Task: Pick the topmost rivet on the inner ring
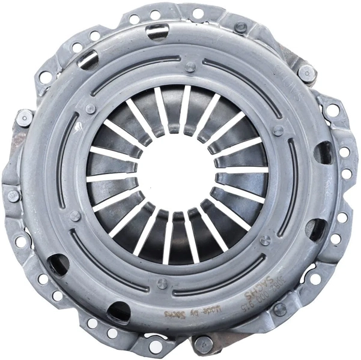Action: [x=190, y=67]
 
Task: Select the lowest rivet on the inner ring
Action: [x=162, y=283]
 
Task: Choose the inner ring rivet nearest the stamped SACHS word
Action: [x=265, y=241]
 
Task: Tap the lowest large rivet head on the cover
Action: [x=201, y=344]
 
